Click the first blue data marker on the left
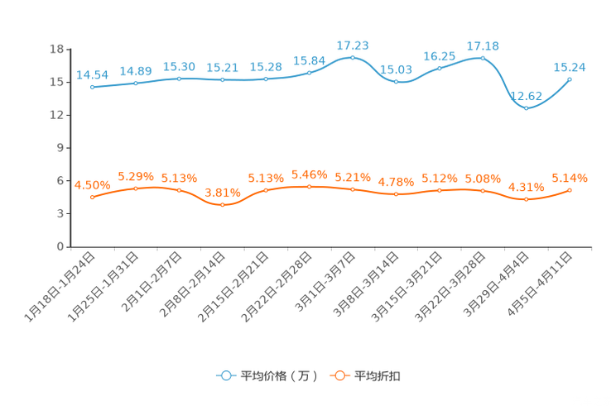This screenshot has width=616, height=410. click(x=92, y=86)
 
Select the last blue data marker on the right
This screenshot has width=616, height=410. click(x=570, y=79)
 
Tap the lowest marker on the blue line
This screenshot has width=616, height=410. click(x=526, y=108)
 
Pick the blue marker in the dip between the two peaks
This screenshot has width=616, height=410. click(x=397, y=82)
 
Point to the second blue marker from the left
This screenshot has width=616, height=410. click(x=135, y=83)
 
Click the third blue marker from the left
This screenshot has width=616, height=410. click(x=179, y=79)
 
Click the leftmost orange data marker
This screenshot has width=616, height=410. click(x=92, y=197)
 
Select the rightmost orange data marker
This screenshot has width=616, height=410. click(x=570, y=190)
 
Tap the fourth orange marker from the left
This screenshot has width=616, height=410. click(x=222, y=204)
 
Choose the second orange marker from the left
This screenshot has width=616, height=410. click(x=135, y=188)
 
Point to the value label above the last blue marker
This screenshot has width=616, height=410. click(x=570, y=67)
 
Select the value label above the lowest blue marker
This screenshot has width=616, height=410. click(x=528, y=96)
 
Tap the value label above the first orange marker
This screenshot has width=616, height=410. click(x=88, y=184)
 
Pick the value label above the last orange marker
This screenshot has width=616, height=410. click(x=570, y=178)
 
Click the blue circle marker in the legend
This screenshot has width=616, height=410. click(x=226, y=375)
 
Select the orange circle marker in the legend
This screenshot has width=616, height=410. click(x=339, y=375)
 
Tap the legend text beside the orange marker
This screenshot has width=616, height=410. click(x=378, y=376)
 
